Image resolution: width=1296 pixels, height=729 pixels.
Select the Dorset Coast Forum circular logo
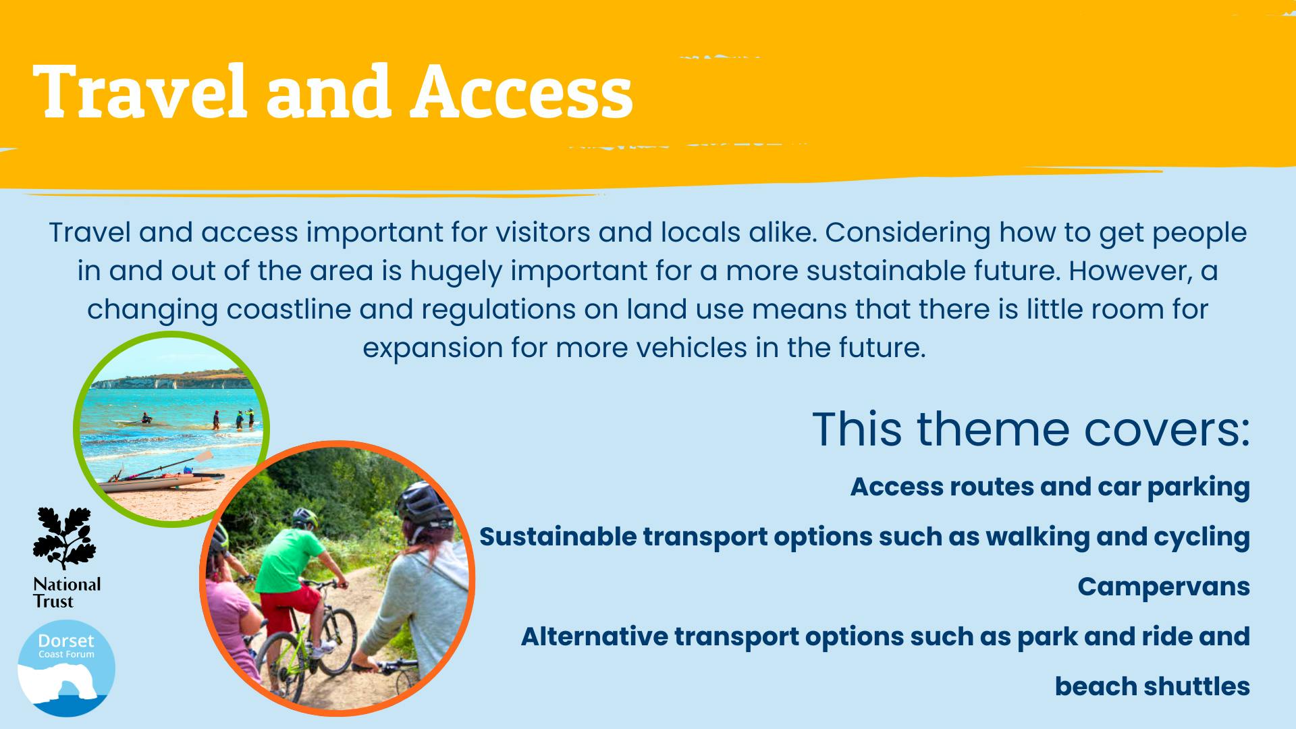66,668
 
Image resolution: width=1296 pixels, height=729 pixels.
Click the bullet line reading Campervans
1164,587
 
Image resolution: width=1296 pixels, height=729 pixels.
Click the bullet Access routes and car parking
1050,487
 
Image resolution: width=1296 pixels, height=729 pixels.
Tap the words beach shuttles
1152,686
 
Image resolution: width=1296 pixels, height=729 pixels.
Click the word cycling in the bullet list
1201,537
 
